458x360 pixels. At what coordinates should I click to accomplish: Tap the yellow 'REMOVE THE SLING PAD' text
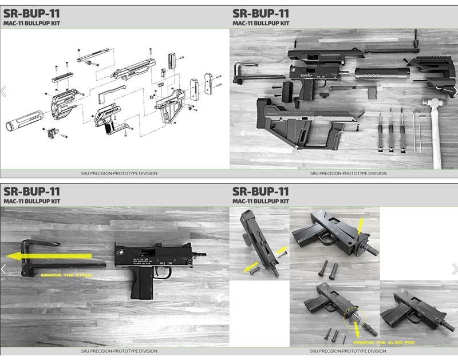point(384,342)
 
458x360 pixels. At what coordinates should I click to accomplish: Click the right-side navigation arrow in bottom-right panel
point(455,269)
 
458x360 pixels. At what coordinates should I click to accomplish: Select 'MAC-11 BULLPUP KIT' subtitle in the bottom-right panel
point(260,201)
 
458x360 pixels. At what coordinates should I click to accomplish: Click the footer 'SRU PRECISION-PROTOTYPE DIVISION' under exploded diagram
point(115,173)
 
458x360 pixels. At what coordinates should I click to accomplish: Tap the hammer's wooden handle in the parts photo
point(436,137)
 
